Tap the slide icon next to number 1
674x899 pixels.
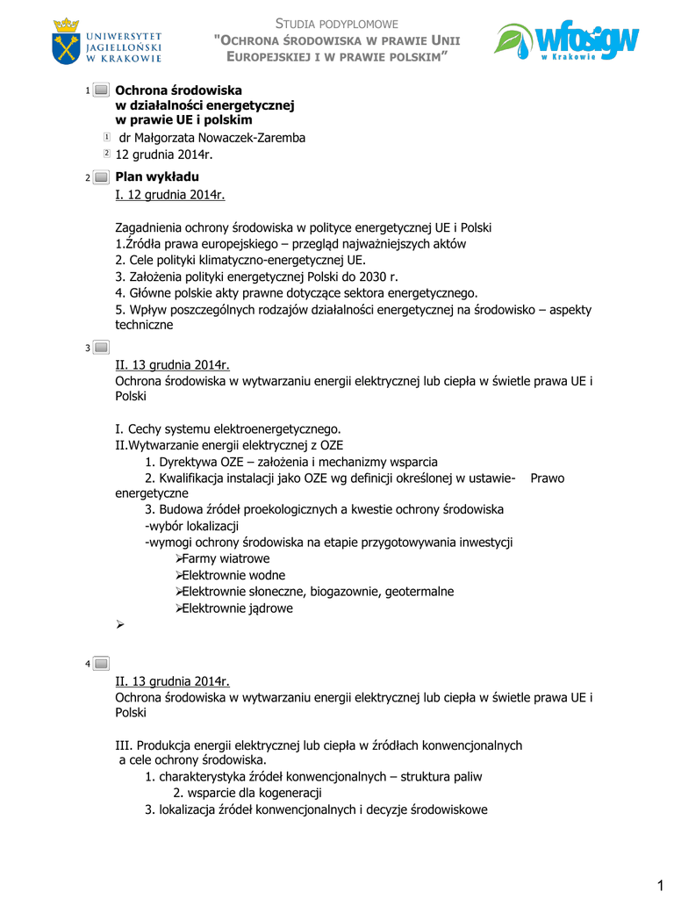pyautogui.click(x=101, y=90)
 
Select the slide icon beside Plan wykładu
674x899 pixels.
pyautogui.click(x=101, y=177)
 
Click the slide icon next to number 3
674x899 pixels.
pyautogui.click(x=101, y=348)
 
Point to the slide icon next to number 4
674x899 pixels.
pyautogui.click(x=101, y=663)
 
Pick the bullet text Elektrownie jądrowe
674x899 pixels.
pyautogui.click(x=237, y=608)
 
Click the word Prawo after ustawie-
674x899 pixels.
pyautogui.click(x=548, y=478)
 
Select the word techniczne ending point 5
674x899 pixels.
pyautogui.click(x=144, y=325)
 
